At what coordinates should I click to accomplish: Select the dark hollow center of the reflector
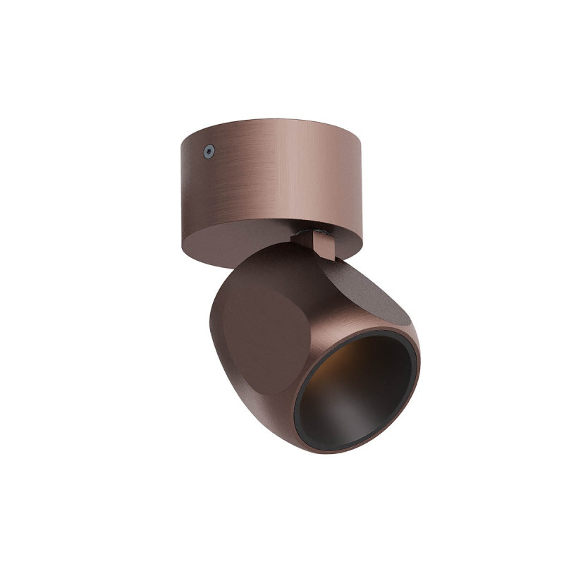tap(352, 395)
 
